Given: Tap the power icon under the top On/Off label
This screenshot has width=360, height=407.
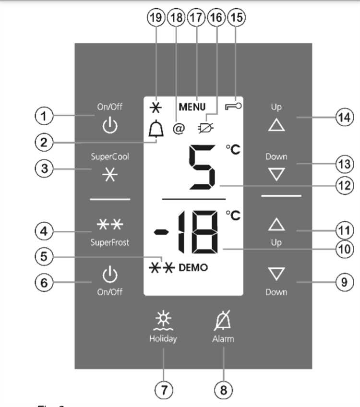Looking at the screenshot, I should click(x=110, y=126).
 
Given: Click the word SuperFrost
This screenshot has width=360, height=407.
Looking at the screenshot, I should click(x=110, y=242).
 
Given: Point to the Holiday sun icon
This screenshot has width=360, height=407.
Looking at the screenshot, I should click(x=162, y=321).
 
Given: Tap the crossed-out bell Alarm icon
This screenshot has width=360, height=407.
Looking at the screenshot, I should click(x=223, y=320).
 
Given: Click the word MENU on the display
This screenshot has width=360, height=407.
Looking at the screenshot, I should click(x=192, y=107).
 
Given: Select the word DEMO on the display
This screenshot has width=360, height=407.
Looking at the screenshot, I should click(x=193, y=268).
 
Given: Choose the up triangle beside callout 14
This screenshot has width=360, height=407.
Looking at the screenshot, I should click(x=276, y=125).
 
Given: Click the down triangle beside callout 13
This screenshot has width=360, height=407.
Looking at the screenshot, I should click(x=276, y=175).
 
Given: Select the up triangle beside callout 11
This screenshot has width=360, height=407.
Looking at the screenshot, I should click(x=276, y=224).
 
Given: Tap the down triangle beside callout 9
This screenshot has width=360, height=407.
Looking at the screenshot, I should click(x=276, y=274).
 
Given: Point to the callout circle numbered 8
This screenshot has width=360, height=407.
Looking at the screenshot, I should click(x=223, y=389).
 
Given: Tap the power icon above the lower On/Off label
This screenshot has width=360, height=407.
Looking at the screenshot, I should click(x=110, y=275).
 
